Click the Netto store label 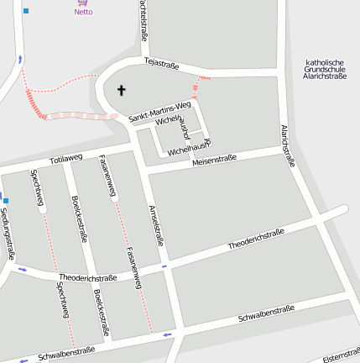click(x=83, y=12)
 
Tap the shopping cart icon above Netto click(x=83, y=3)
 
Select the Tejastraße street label click(x=163, y=63)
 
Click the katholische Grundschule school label click(x=325, y=69)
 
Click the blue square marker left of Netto click(x=26, y=11)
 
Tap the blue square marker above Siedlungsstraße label click(x=5, y=201)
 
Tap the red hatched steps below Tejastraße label click(x=196, y=85)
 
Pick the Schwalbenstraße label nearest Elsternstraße click(x=266, y=314)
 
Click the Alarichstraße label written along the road click(x=287, y=145)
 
